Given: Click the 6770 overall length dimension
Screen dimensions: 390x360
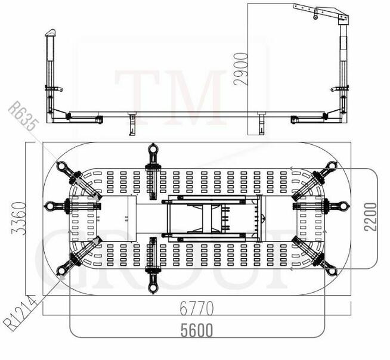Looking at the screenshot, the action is click(197, 308).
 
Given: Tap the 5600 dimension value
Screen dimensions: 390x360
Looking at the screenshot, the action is click(197, 330).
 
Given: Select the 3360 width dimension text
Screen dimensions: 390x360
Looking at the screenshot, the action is click(19, 219).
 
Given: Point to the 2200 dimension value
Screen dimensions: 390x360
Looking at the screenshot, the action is click(370, 217).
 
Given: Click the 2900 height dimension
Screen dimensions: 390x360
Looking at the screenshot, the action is click(241, 69).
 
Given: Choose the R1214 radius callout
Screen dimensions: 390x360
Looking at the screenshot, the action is click(20, 314).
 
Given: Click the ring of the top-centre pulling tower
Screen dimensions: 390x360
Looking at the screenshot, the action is click(153, 149).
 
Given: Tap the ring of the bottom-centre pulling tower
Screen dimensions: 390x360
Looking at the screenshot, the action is click(153, 288).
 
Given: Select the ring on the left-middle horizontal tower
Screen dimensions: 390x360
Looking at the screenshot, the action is click(49, 206).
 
